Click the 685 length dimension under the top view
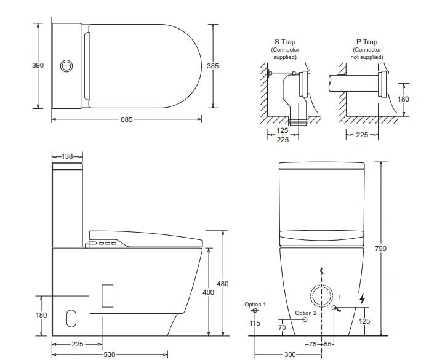[126, 119]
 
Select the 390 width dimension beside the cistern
[38, 65]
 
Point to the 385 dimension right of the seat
[213, 65]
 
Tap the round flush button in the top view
[66, 65]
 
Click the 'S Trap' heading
[284, 42]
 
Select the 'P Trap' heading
[366, 42]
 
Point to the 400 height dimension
[209, 292]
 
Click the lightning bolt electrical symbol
[362, 299]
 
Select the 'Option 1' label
[255, 305]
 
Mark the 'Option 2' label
[305, 313]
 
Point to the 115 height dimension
[255, 323]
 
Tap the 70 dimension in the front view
[282, 328]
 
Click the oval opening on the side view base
[71, 318]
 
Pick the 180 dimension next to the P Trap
[403, 99]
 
